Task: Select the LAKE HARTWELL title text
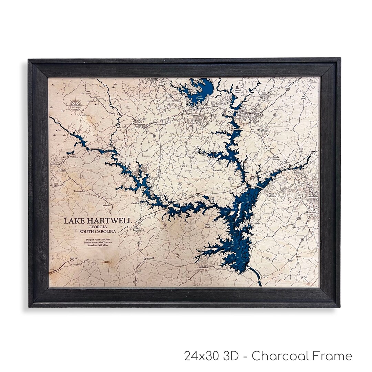(x=97, y=221)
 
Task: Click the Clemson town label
(x=244, y=116)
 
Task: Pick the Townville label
(x=218, y=170)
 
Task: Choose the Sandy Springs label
(x=276, y=158)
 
